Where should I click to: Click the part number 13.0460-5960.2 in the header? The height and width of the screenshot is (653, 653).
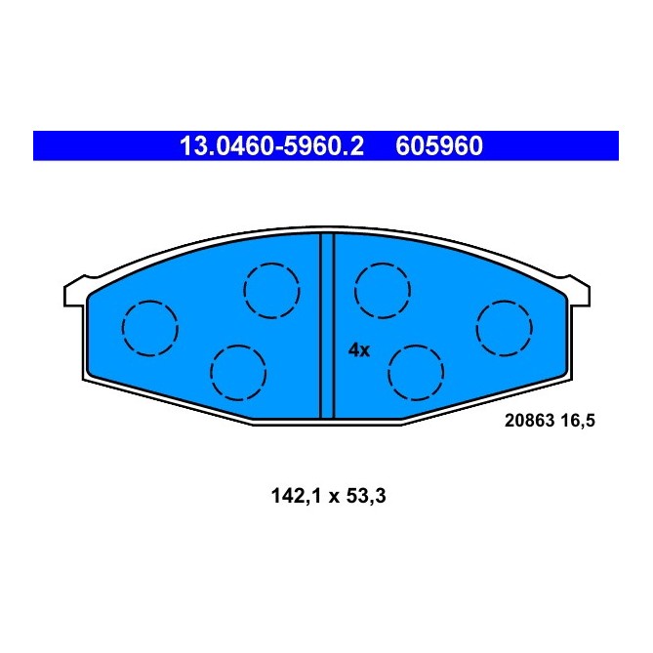click(271, 146)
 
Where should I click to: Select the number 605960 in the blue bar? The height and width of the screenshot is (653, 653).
click(438, 146)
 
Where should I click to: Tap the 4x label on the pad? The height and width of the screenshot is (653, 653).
click(359, 350)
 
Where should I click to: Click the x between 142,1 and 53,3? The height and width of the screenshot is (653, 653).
click(330, 497)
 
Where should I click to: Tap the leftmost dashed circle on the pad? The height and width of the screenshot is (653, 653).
click(149, 327)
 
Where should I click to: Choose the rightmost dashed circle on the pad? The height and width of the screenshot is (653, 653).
click(505, 327)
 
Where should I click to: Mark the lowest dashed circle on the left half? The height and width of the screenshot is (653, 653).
click(237, 371)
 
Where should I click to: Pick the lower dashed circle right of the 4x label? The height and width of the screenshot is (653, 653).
click(416, 371)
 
